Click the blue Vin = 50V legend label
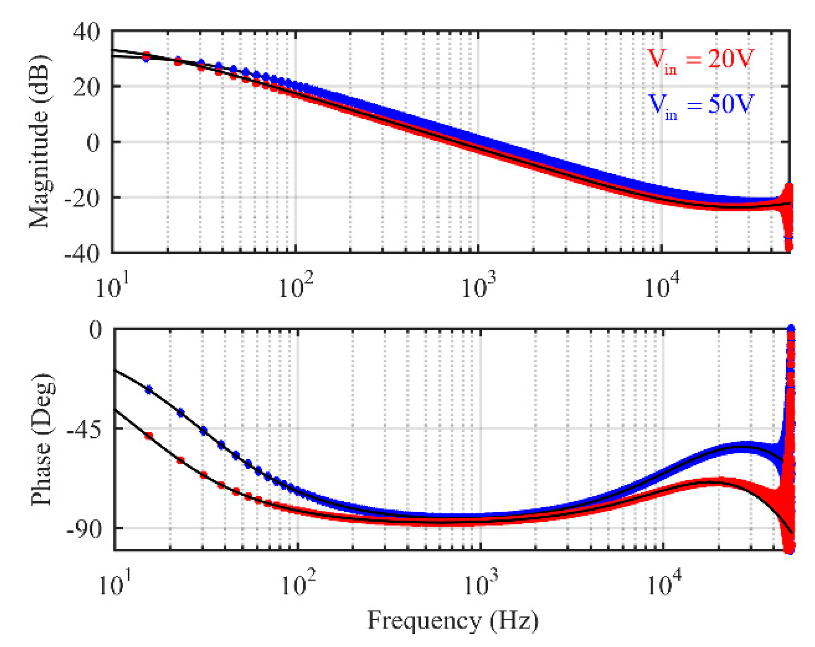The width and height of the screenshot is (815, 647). [700, 105]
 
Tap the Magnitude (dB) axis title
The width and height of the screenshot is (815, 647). [39, 141]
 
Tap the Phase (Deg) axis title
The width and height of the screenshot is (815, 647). [42, 439]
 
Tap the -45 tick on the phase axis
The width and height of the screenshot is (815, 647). [85, 428]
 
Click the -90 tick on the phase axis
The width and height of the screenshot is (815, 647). [85, 528]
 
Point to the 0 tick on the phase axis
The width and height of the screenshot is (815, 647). [96, 330]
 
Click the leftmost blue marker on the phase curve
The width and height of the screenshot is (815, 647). [149, 390]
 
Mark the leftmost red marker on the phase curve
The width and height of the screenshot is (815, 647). [149, 436]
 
